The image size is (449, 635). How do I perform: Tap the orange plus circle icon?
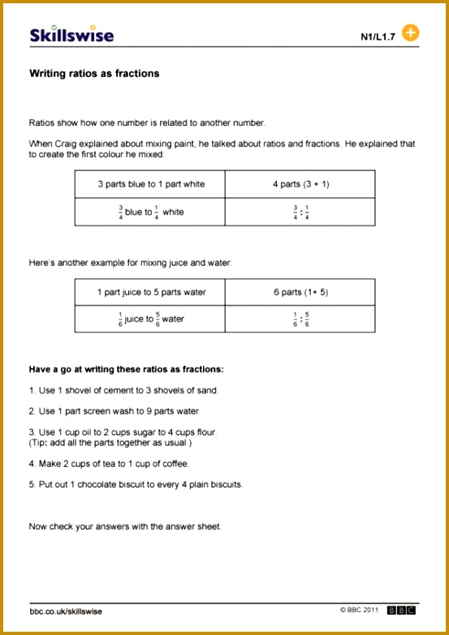click(x=411, y=33)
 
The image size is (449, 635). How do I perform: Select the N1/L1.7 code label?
click(x=378, y=36)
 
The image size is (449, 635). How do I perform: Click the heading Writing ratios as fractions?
click(x=94, y=74)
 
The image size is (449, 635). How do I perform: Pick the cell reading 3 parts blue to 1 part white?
click(x=150, y=184)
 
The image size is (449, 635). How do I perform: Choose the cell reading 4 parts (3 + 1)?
click(x=300, y=184)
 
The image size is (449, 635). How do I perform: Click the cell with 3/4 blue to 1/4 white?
click(x=150, y=212)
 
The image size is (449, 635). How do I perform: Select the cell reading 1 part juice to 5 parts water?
click(x=150, y=292)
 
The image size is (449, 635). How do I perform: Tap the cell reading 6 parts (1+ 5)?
click(x=300, y=292)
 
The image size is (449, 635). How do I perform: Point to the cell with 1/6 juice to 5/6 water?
click(x=150, y=319)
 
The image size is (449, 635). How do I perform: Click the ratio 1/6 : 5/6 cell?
click(x=300, y=319)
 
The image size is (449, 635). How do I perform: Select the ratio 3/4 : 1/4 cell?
click(x=300, y=212)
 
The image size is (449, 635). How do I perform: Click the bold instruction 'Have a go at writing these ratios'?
click(x=126, y=370)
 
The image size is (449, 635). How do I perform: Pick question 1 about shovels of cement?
click(x=123, y=390)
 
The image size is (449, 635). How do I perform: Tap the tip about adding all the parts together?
click(x=110, y=443)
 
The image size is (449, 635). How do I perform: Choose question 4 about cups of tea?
click(x=108, y=464)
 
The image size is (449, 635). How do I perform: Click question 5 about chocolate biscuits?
click(x=136, y=485)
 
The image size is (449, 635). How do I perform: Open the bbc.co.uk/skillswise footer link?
click(x=66, y=611)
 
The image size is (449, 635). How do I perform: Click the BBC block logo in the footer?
click(x=401, y=610)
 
